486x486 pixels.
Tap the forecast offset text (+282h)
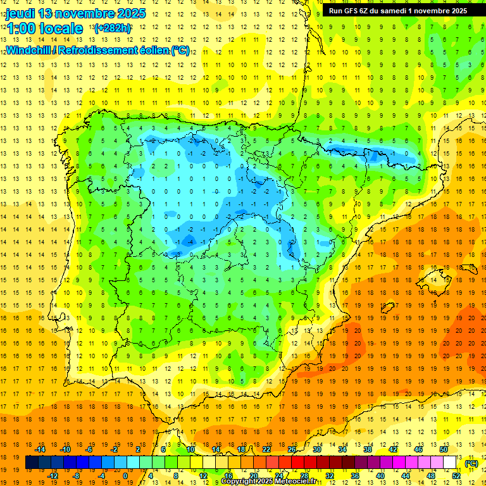point(112,28)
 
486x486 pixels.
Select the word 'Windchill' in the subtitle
point(28,51)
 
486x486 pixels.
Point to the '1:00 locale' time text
point(45,28)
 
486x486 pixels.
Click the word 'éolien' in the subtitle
point(151,51)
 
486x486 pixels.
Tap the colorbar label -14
point(40,449)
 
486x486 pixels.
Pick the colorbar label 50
point(444,449)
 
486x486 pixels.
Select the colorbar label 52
point(456,476)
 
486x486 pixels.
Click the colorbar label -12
point(53,476)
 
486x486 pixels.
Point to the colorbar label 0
point(125,476)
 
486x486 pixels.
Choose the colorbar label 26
point(292,449)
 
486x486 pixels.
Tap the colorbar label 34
point(342,449)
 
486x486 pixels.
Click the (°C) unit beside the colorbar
point(471,463)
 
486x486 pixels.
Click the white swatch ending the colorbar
point(450,463)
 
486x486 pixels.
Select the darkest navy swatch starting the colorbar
point(32,463)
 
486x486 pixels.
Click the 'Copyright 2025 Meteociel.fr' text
point(268,482)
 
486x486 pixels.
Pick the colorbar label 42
point(393,449)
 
